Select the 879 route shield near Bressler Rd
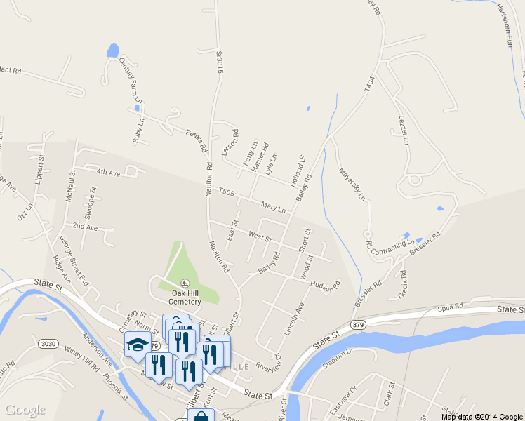click(357, 323)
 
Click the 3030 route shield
click(47, 342)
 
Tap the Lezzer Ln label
click(404, 130)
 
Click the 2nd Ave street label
click(85, 227)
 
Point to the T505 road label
click(225, 192)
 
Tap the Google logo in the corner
click(25, 410)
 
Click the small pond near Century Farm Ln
click(112, 51)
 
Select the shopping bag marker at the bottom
click(201, 416)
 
